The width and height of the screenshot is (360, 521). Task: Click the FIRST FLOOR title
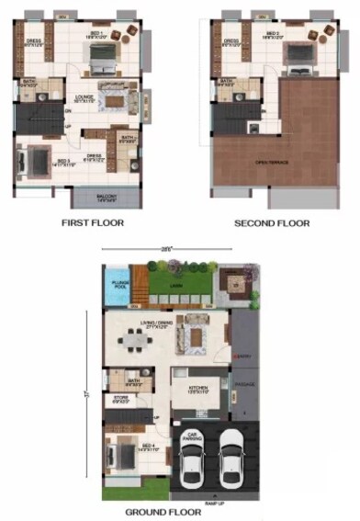point(92,222)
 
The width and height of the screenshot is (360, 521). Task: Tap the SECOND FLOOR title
point(272,222)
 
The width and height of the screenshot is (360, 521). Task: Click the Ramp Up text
point(215,503)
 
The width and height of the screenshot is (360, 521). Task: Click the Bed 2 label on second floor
point(272,35)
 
